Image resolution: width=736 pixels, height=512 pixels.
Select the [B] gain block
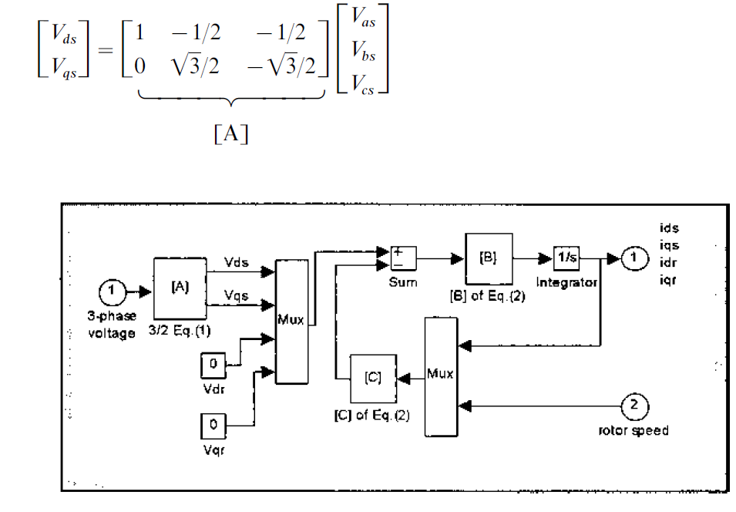click(487, 259)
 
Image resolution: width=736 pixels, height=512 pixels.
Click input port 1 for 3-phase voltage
click(111, 291)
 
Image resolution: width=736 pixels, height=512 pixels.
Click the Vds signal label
click(236, 262)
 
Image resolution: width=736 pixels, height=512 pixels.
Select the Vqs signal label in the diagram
click(236, 295)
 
